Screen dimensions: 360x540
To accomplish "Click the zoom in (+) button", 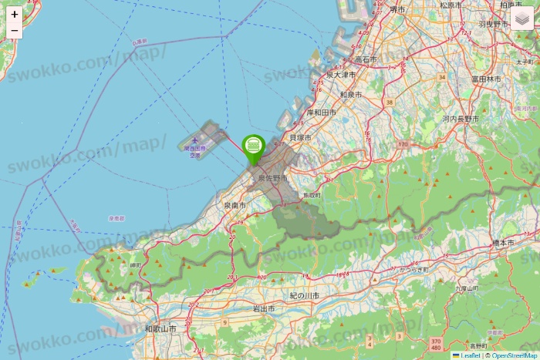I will coord(15,14).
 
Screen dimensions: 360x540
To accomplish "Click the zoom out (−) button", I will coord(15,31).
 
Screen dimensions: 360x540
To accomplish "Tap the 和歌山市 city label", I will coord(161,328).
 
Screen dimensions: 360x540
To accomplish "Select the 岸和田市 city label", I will coord(322,113).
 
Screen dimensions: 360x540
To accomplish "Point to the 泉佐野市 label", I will coord(272,178).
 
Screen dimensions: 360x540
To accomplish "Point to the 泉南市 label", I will coord(235,206).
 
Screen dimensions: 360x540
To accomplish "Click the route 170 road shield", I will coord(403,144).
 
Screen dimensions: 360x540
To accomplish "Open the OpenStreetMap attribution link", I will coord(514,355).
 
